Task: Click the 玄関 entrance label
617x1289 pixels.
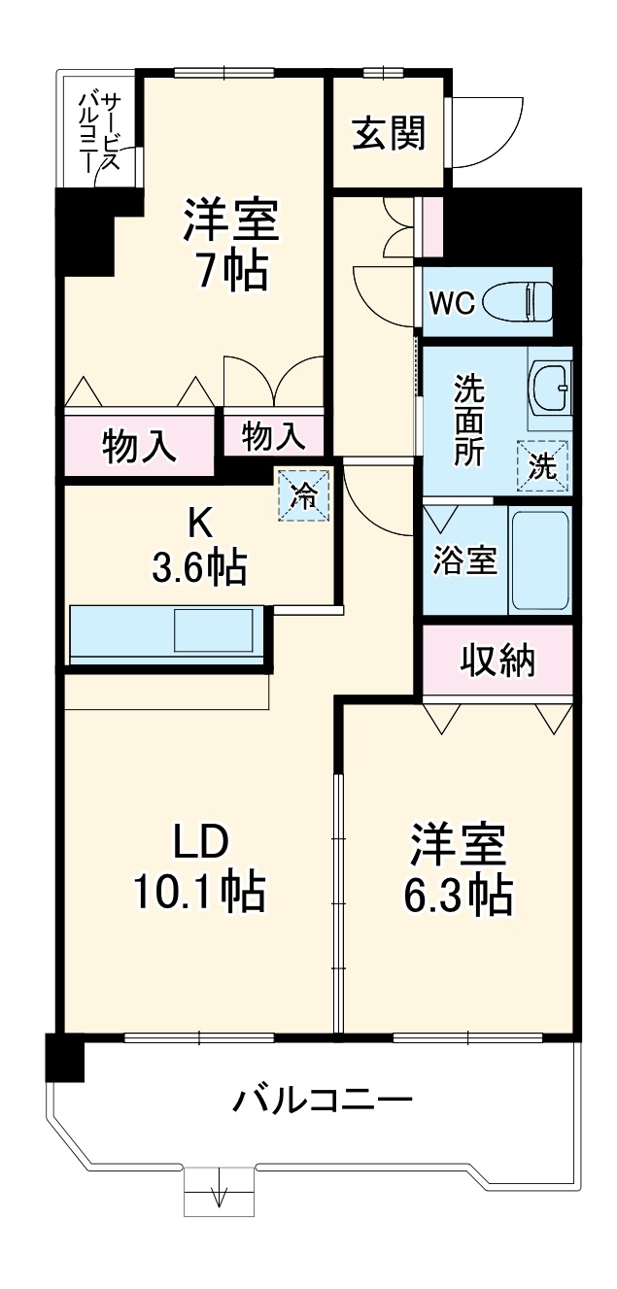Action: point(389,133)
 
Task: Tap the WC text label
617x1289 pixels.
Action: point(452,303)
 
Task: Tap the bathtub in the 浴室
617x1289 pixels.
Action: point(541,561)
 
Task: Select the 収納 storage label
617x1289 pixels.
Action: point(497,662)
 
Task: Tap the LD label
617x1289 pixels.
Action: point(200,841)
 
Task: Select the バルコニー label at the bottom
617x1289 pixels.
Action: point(323,1102)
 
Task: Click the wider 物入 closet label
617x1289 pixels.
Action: point(139,449)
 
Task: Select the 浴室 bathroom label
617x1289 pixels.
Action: point(464,561)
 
